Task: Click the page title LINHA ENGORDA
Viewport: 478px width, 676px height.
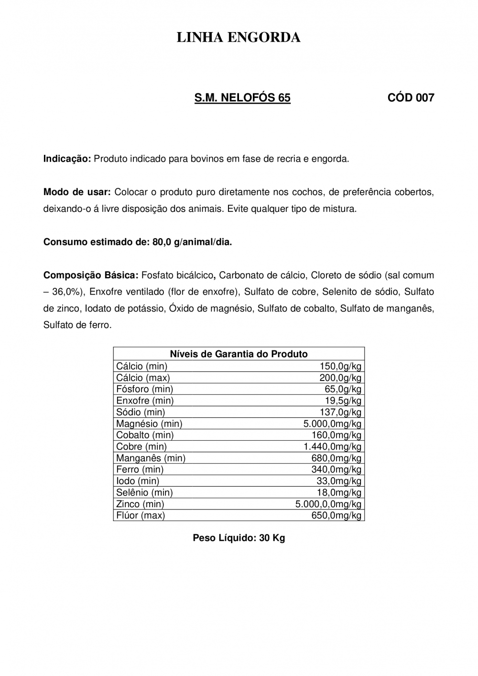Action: (x=239, y=38)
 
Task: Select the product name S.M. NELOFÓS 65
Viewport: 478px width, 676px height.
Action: (x=242, y=98)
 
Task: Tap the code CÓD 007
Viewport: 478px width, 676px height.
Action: (x=411, y=98)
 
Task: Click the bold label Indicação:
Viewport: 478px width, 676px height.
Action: (x=67, y=159)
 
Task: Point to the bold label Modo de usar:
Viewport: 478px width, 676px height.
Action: (x=77, y=192)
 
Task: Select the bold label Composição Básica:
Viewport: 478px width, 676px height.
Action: (x=91, y=275)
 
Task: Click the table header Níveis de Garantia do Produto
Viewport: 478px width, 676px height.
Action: (x=239, y=354)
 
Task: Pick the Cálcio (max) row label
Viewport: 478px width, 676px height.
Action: (x=143, y=378)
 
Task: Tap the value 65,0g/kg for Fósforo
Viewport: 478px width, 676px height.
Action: (x=343, y=389)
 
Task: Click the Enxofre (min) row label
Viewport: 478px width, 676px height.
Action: (x=145, y=401)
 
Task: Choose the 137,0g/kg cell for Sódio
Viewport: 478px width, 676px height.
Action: (x=340, y=412)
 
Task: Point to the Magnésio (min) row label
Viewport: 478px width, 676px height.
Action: (x=149, y=424)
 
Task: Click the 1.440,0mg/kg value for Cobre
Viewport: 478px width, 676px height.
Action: (x=332, y=447)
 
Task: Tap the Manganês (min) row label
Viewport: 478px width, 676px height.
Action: (x=151, y=458)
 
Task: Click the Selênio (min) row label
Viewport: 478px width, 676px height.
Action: (x=144, y=492)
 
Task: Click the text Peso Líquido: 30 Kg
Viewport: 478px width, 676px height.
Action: (x=239, y=538)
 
